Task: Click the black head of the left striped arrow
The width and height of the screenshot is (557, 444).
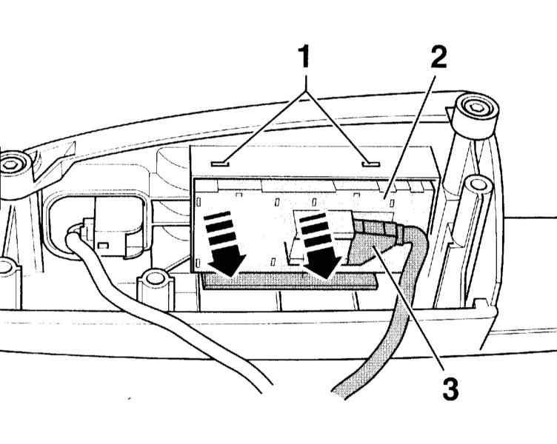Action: tap(224, 263)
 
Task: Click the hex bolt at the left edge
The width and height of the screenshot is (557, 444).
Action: tap(13, 164)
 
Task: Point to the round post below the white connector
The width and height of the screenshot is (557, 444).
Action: tap(154, 280)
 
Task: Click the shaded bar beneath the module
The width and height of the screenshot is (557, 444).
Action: tap(289, 279)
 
